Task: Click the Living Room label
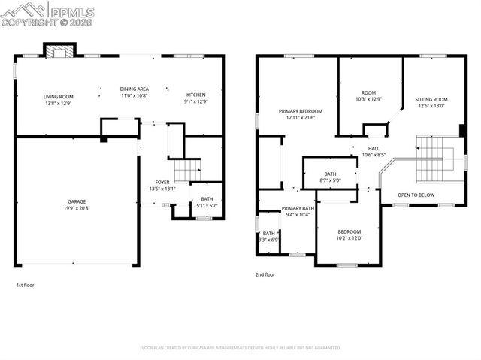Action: pos(57,96)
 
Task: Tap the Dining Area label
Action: pos(134,89)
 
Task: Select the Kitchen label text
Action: pos(195,95)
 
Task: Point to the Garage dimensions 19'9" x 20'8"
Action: pos(76,208)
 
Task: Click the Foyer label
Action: pos(162,182)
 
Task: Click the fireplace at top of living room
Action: pos(59,51)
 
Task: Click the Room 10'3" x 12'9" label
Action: pos(368,92)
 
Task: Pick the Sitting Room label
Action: pos(431,99)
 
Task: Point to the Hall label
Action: pos(373,148)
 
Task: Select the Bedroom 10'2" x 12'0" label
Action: pos(349,231)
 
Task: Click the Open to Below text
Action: pos(416,195)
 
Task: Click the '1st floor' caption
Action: pos(25,286)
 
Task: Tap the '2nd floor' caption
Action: pos(265,275)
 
